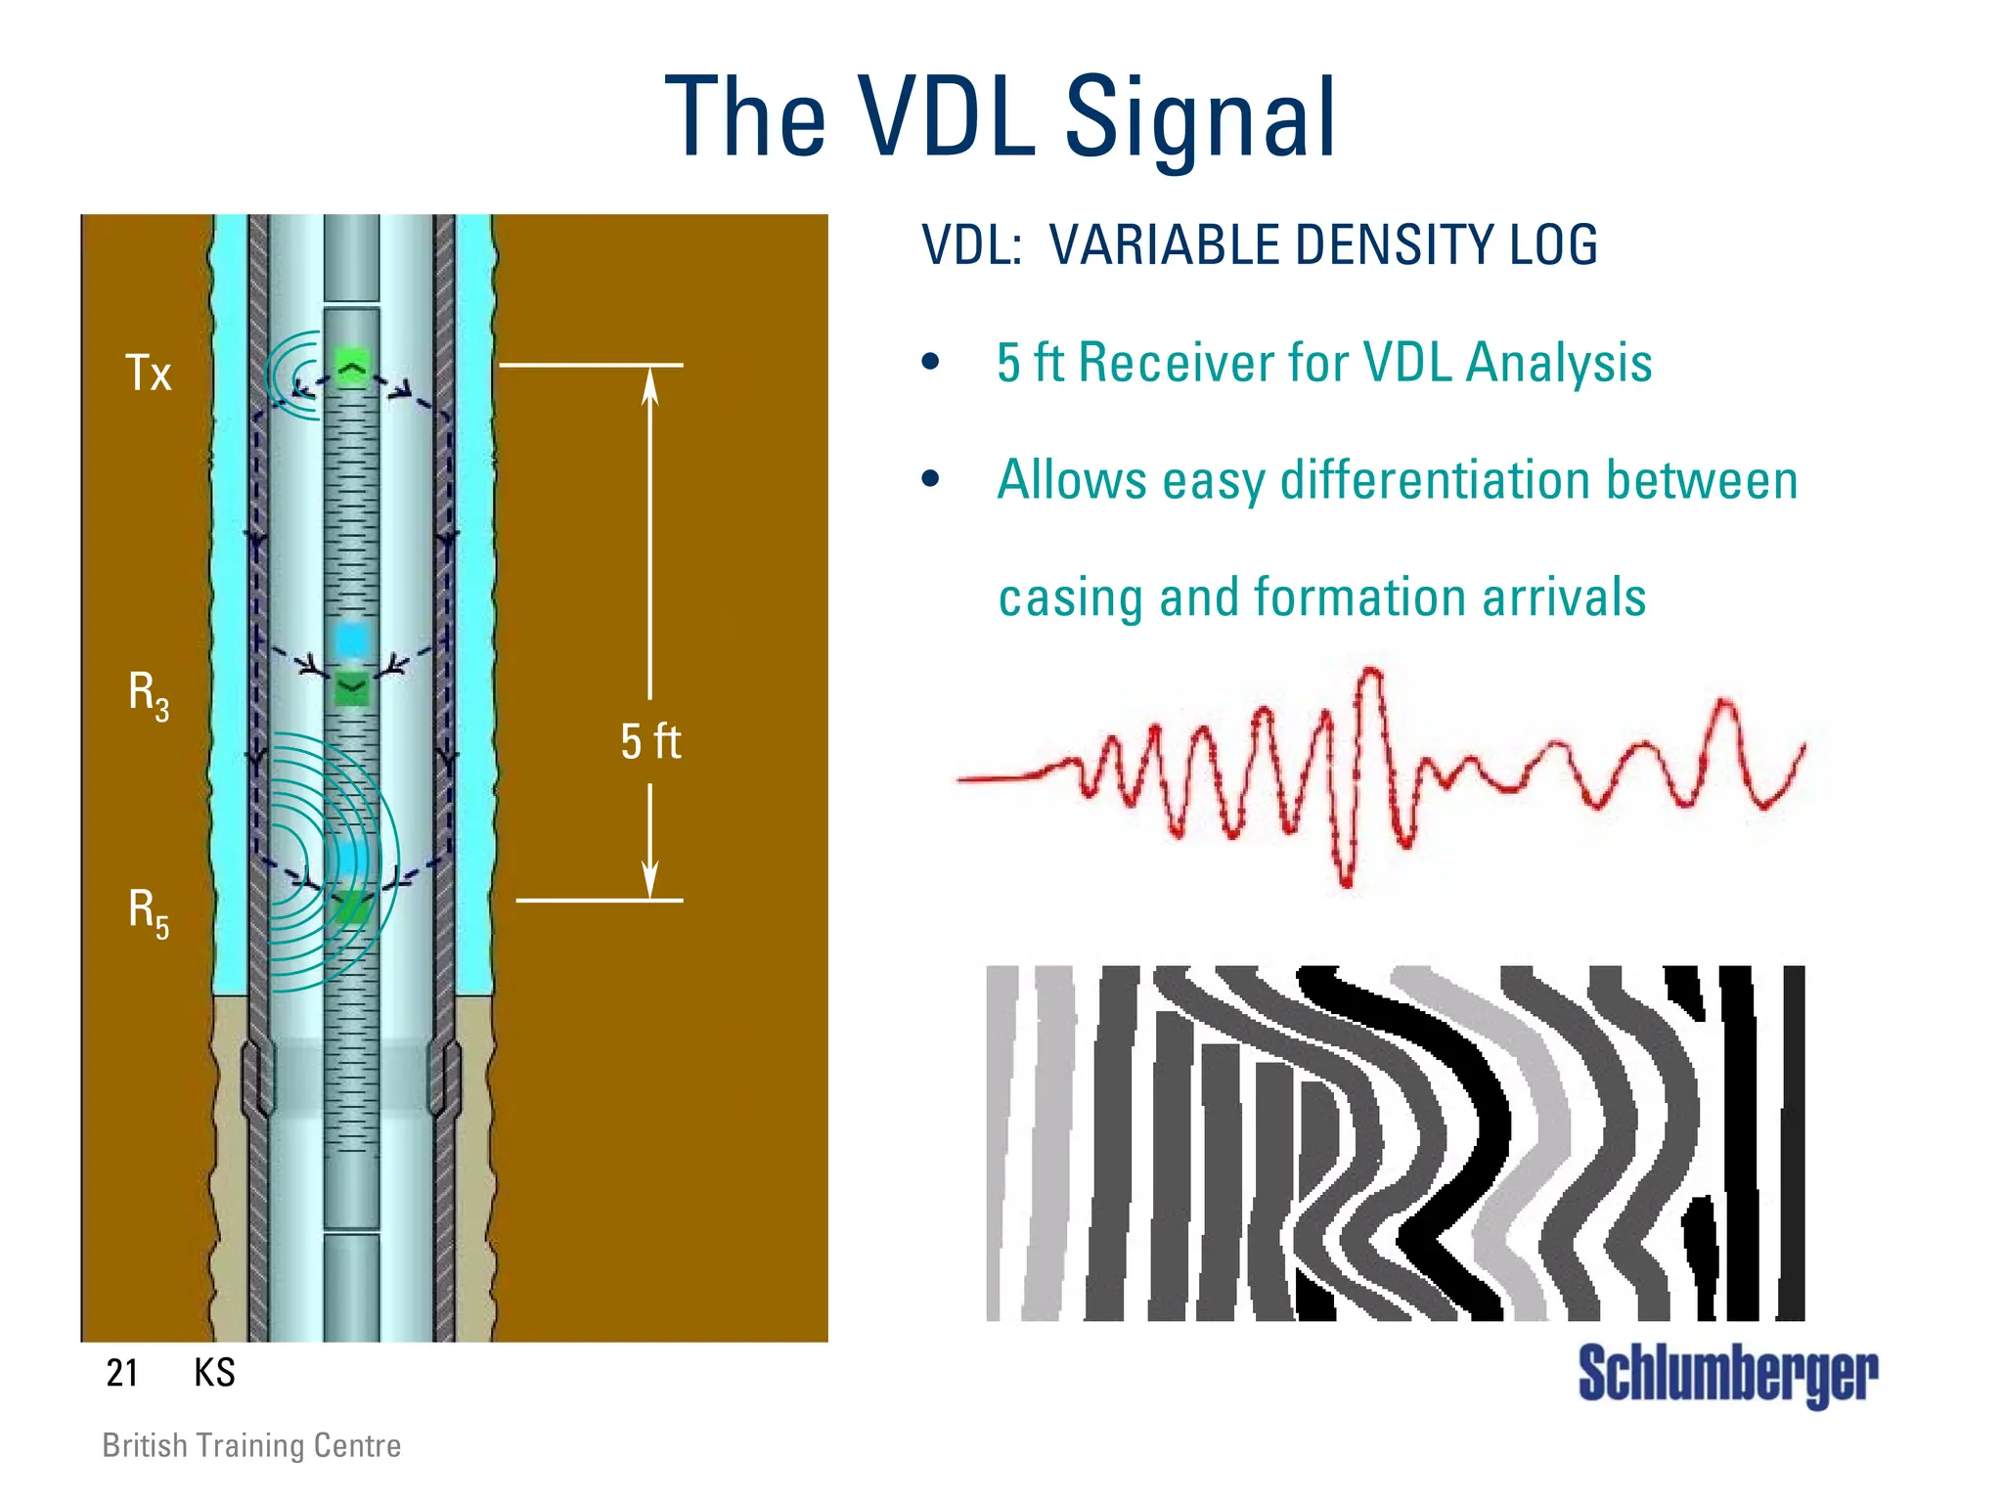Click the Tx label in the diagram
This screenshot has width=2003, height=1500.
click(x=149, y=374)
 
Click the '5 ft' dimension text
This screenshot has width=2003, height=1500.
click(x=650, y=741)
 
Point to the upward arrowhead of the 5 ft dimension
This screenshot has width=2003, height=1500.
click(x=650, y=385)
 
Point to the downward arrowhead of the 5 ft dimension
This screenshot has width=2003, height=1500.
click(x=650, y=880)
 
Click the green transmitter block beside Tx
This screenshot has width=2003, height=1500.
click(x=352, y=368)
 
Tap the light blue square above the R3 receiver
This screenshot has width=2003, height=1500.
click(x=352, y=640)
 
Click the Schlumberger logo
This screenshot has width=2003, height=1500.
click(x=1727, y=1375)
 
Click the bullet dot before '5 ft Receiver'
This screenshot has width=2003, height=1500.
click(x=930, y=363)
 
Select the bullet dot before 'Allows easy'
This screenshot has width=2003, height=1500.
click(x=930, y=479)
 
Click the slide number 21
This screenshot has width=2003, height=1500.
click(x=122, y=1373)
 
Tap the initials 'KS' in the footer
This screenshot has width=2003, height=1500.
click(x=214, y=1373)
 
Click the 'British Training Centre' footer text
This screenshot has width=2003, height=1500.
click(x=251, y=1445)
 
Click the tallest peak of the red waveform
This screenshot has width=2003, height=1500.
click(x=1373, y=673)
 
